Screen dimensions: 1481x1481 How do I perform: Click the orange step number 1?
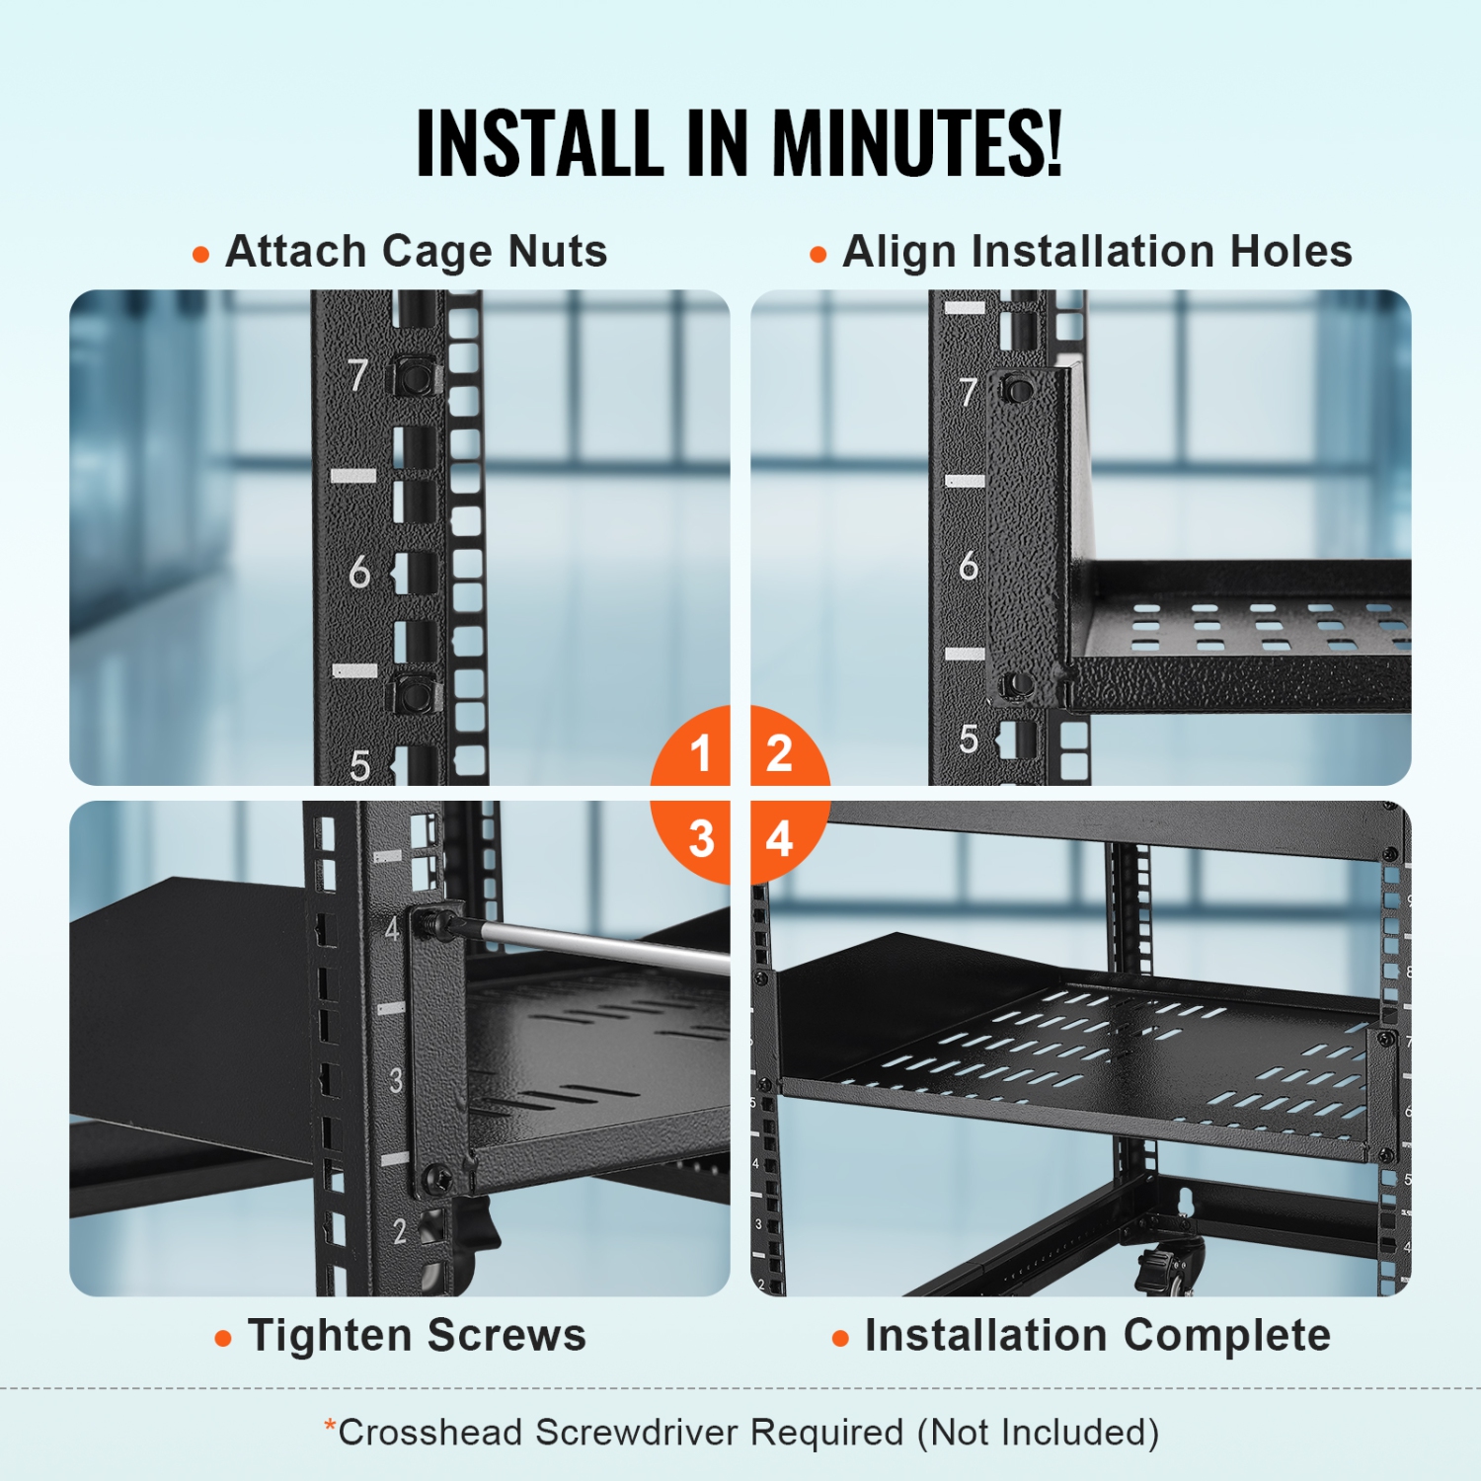click(x=701, y=754)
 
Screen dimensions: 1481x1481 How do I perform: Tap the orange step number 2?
click(x=779, y=754)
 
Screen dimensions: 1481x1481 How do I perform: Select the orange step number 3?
click(x=701, y=839)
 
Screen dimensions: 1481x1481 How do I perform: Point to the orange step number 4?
click(x=779, y=839)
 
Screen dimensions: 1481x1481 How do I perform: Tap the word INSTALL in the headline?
click(x=539, y=144)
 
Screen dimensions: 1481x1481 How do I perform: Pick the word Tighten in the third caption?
click(x=330, y=1336)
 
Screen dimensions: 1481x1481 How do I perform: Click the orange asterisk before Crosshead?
click(x=331, y=1426)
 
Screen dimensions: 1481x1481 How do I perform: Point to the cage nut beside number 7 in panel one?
click(x=417, y=375)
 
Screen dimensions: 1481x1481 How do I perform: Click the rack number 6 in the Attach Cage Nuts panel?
click(x=358, y=572)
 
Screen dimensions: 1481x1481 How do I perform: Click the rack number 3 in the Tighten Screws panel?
click(x=395, y=1080)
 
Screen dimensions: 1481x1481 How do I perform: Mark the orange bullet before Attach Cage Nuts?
click(x=201, y=255)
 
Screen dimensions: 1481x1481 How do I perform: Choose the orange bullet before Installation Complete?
click(x=840, y=1339)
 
